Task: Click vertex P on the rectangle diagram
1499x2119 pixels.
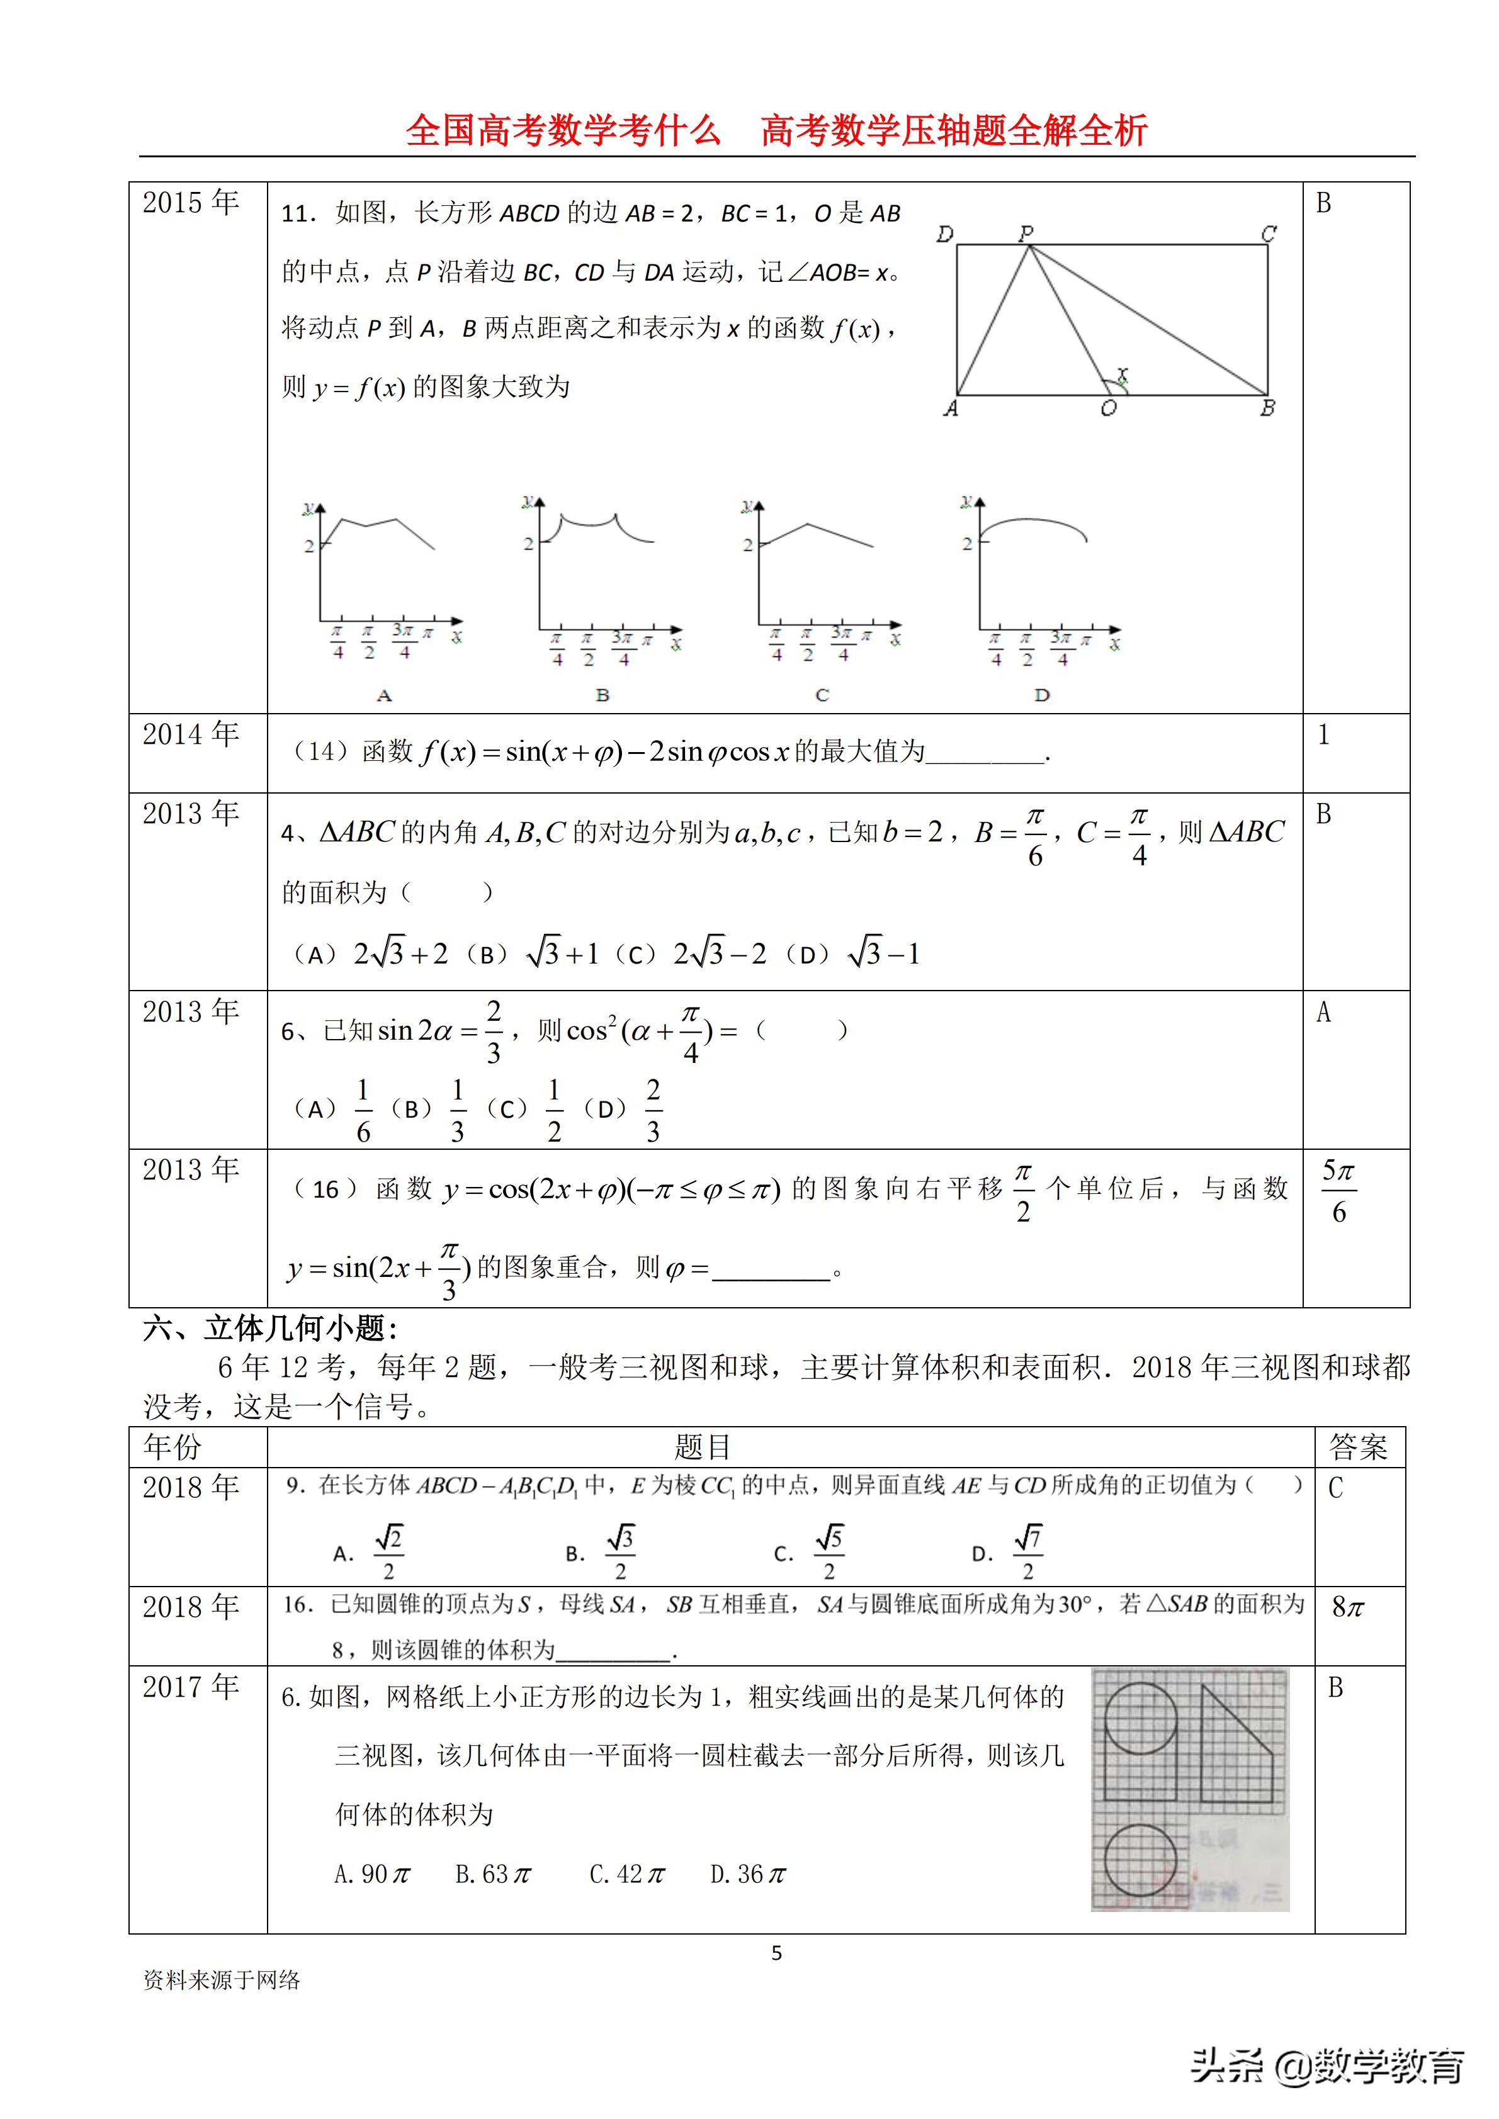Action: click(1027, 244)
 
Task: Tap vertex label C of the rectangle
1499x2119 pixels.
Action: click(1269, 233)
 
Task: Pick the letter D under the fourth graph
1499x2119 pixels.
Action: click(1042, 695)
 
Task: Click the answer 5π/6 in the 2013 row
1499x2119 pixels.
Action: click(1338, 1191)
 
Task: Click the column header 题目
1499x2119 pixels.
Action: click(701, 1447)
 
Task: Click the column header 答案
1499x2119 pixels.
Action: click(1358, 1447)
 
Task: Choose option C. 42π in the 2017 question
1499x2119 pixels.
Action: click(628, 1874)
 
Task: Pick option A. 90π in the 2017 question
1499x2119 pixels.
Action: click(372, 1874)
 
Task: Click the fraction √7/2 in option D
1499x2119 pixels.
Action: click(1027, 1553)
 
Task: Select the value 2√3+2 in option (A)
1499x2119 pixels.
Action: click(400, 953)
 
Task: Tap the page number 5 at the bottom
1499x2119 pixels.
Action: click(776, 1953)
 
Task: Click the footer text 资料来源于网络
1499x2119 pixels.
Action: click(222, 1980)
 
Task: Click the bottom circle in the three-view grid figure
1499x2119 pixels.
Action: click(1140, 1860)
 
